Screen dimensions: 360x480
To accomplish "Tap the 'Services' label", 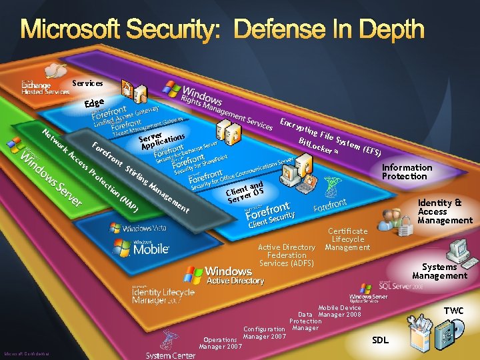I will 87,83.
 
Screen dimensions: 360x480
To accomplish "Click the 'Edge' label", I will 95,103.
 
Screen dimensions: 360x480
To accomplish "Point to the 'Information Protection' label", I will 407,172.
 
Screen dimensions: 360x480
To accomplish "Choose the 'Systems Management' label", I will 439,271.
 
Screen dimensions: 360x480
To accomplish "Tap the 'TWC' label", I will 453,311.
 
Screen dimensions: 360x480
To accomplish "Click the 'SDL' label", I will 380,340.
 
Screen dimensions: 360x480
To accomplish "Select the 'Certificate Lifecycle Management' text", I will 347,239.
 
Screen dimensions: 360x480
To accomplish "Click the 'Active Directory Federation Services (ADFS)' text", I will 286,255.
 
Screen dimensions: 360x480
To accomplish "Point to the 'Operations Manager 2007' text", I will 220,343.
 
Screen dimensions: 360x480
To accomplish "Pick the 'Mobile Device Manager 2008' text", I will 339,311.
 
